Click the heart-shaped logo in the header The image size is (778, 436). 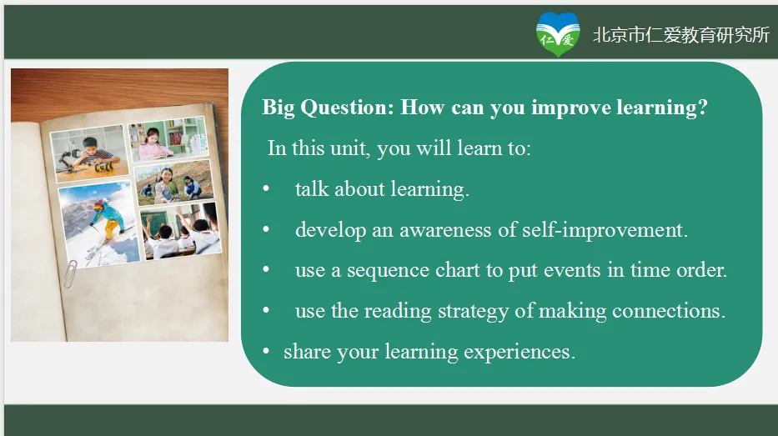[558, 34]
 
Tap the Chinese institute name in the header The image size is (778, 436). [681, 35]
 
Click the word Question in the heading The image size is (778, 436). [347, 108]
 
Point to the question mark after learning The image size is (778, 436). [703, 107]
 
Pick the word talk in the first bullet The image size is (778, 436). [312, 189]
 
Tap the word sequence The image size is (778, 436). [388, 271]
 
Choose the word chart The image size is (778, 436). [458, 270]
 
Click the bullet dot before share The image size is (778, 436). [266, 352]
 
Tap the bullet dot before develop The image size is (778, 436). [266, 229]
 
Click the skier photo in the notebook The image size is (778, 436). [100, 224]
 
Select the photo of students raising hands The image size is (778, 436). [181, 231]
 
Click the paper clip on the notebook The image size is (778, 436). [70, 274]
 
